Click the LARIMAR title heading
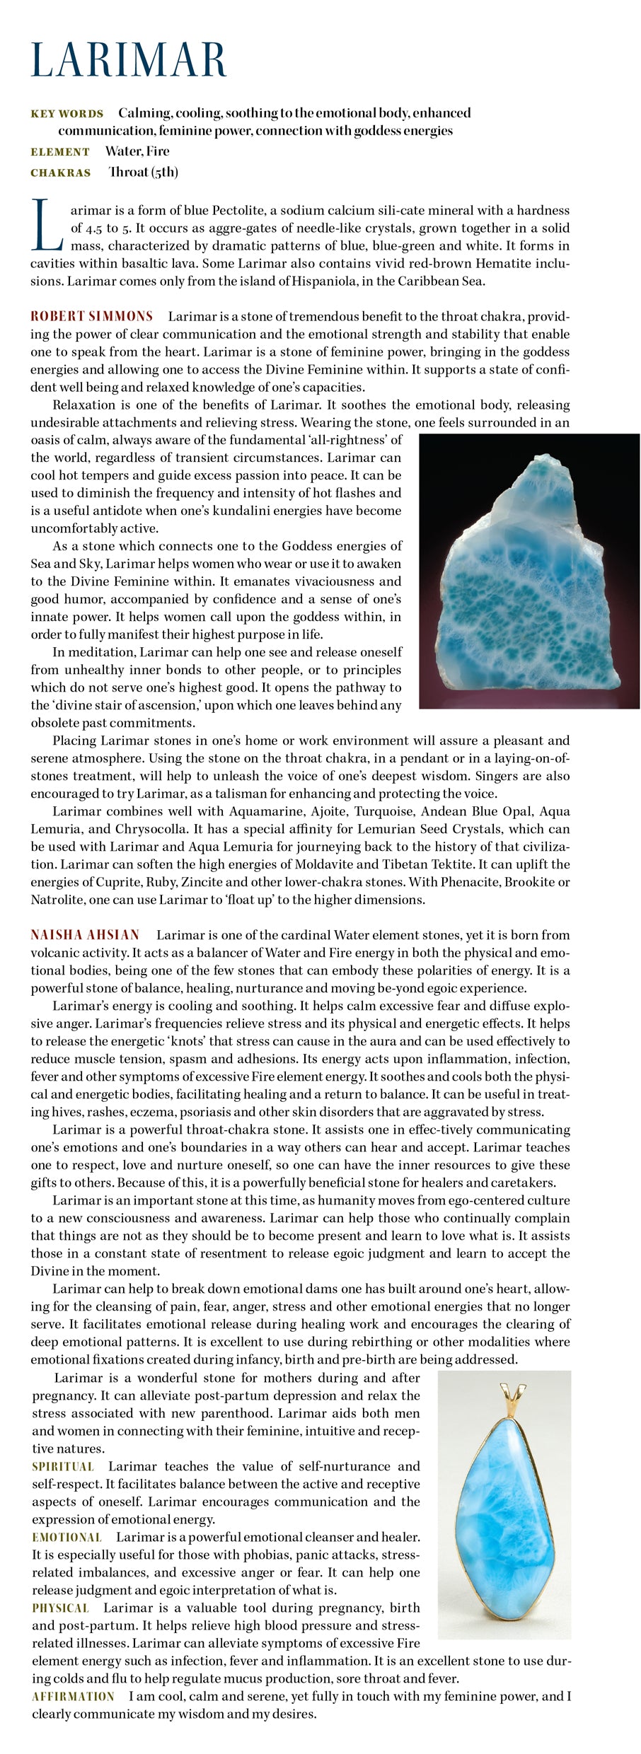tap(129, 60)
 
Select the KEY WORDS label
tap(67, 114)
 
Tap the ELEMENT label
tap(60, 152)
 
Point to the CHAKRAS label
tap(61, 173)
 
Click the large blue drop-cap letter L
tap(47, 226)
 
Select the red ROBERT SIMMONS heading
tap(91, 316)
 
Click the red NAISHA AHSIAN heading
tap(85, 935)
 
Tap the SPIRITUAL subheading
tap(63, 1466)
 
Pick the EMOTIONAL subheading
tap(67, 1537)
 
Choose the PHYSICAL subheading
tap(60, 1608)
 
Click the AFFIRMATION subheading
tap(73, 1696)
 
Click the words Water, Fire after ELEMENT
tap(137, 151)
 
